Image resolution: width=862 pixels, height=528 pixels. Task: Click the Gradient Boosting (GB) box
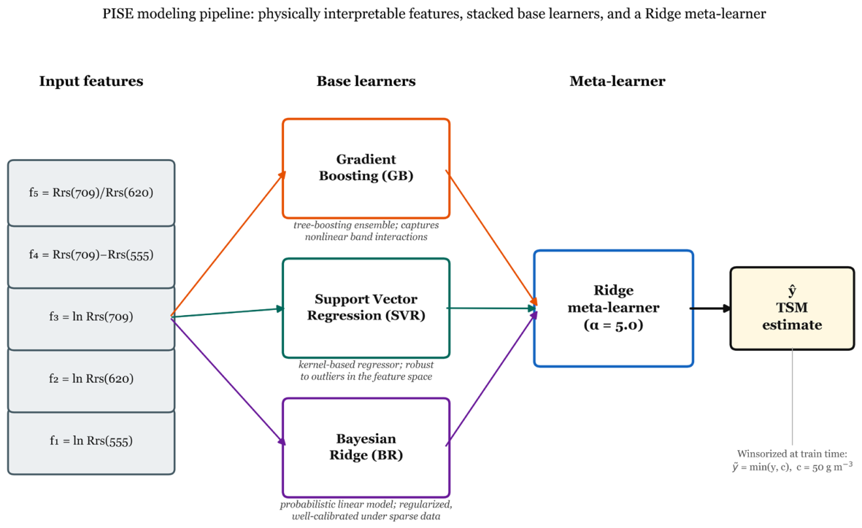point(366,168)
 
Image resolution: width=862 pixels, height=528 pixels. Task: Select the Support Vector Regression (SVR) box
point(366,308)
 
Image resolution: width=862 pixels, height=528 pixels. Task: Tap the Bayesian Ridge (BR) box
point(366,447)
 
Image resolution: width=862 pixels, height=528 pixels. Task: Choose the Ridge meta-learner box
point(614,308)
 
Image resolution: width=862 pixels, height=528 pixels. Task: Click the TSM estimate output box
point(792,308)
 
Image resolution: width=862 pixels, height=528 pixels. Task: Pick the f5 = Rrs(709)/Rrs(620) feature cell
point(91,193)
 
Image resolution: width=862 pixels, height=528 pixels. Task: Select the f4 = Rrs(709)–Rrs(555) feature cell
point(91,255)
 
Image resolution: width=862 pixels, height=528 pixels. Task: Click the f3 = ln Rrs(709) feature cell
point(91,317)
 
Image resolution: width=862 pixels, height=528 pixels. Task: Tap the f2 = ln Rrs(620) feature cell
point(91,379)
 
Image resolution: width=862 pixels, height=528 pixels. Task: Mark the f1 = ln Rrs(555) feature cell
point(91,441)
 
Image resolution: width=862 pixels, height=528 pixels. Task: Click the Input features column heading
point(91,82)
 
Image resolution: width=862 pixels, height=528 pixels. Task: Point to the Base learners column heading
point(366,82)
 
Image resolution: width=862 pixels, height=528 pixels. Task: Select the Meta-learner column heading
point(617,82)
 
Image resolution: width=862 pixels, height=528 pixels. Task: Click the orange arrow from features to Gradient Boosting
point(228,244)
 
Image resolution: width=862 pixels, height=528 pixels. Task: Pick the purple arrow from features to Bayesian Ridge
point(228,381)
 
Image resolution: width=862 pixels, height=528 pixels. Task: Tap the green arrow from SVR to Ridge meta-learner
point(492,308)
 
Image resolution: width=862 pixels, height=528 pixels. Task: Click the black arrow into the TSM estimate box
point(711,308)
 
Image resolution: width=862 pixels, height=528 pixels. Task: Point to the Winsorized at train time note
point(792,460)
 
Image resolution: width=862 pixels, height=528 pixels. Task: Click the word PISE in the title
point(118,14)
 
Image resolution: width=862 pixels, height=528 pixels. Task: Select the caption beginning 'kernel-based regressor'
point(366,370)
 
